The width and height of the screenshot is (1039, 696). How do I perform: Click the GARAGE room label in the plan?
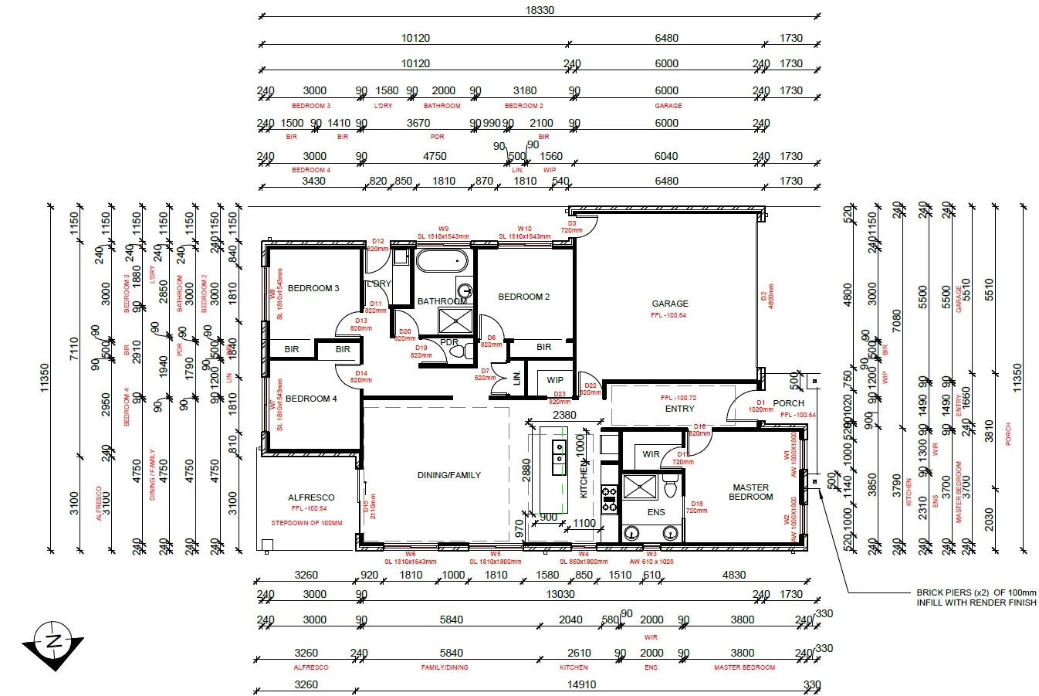tap(669, 304)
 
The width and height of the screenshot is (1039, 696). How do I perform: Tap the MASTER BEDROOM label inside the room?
tap(750, 492)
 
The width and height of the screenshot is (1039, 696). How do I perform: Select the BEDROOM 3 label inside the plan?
tap(313, 288)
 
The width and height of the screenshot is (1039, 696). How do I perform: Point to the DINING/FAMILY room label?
tap(448, 475)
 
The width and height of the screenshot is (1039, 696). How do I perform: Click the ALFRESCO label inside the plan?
tap(311, 497)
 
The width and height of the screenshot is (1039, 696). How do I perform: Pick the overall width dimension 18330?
tap(540, 11)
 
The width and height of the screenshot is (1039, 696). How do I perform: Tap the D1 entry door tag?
tap(760, 402)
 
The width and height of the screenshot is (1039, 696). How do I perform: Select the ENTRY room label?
tap(679, 409)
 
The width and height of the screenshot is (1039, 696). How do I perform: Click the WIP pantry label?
tap(555, 380)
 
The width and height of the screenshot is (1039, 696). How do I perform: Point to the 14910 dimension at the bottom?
tap(580, 684)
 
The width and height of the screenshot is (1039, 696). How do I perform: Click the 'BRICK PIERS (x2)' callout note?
tap(976, 597)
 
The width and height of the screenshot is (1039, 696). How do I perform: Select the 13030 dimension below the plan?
tap(560, 594)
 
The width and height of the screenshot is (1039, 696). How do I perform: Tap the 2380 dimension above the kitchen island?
tap(564, 415)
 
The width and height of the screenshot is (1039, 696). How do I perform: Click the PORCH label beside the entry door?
tap(788, 403)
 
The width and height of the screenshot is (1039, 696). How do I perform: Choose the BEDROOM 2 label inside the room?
tap(523, 297)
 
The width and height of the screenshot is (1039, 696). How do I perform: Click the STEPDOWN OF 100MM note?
tap(306, 523)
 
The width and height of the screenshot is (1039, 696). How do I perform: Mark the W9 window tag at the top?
tap(443, 229)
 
